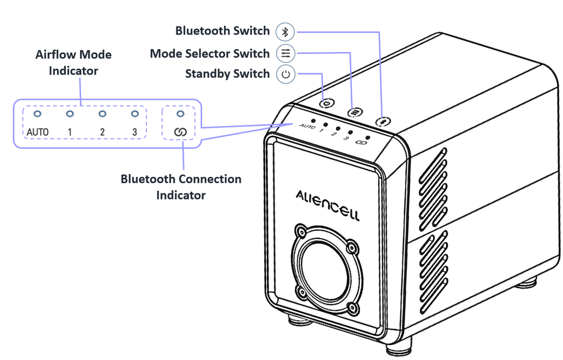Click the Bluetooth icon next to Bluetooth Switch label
[285, 31]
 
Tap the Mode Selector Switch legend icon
[285, 54]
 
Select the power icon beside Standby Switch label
[286, 74]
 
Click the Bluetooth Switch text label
[222, 31]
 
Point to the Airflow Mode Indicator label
[73, 63]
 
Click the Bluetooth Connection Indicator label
[181, 186]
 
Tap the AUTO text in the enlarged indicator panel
[37, 132]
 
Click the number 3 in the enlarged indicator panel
[135, 132]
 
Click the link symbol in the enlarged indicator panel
[180, 132]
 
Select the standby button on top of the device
[327, 102]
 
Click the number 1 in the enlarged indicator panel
[70, 132]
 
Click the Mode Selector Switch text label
[210, 54]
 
